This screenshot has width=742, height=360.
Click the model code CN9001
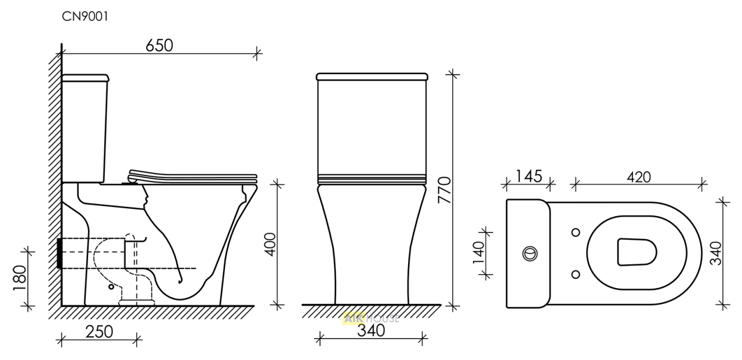(x=85, y=17)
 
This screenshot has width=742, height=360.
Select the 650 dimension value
(x=159, y=45)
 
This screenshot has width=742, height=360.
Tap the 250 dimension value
(x=99, y=332)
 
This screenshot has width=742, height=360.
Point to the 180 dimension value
(x=20, y=278)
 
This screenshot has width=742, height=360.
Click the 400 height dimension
(x=271, y=245)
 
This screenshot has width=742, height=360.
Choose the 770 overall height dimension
(x=445, y=190)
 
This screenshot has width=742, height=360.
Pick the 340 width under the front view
(x=371, y=330)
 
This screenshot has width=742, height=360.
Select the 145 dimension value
(x=529, y=176)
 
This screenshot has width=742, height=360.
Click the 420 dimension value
(x=639, y=177)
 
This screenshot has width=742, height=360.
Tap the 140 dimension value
(x=478, y=253)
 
